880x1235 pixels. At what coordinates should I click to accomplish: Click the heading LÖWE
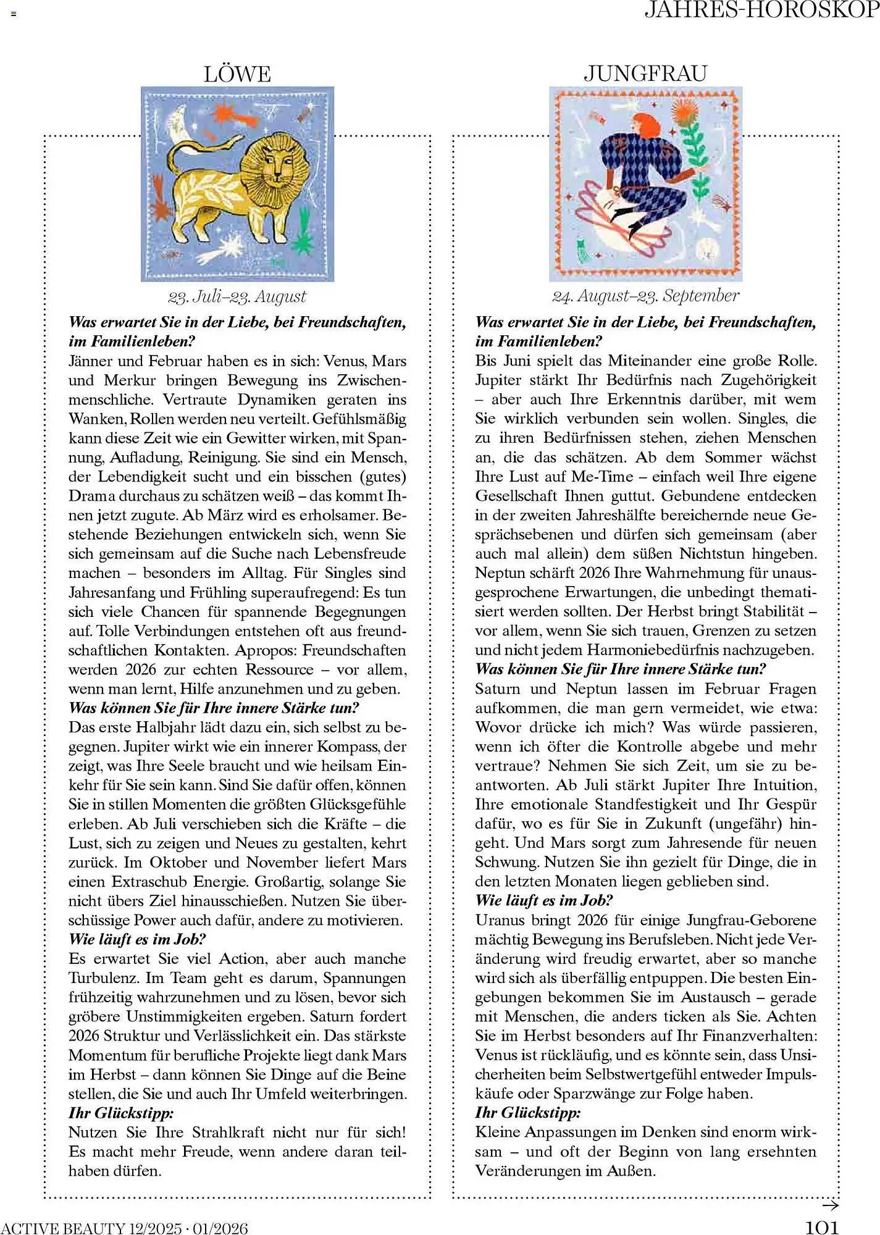coord(237,74)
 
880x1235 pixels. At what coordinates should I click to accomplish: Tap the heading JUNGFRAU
coord(645,73)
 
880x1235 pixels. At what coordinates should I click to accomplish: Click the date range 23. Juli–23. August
coord(237,296)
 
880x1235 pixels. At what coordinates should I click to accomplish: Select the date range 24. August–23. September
coord(645,296)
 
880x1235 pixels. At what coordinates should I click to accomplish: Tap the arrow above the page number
coord(831,1205)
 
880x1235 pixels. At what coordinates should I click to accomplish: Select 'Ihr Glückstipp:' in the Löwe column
coord(121,1113)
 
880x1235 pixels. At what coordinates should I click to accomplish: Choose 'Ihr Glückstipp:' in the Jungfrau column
coord(528,1113)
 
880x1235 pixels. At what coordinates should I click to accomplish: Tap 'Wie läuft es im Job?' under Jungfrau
coord(543,900)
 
